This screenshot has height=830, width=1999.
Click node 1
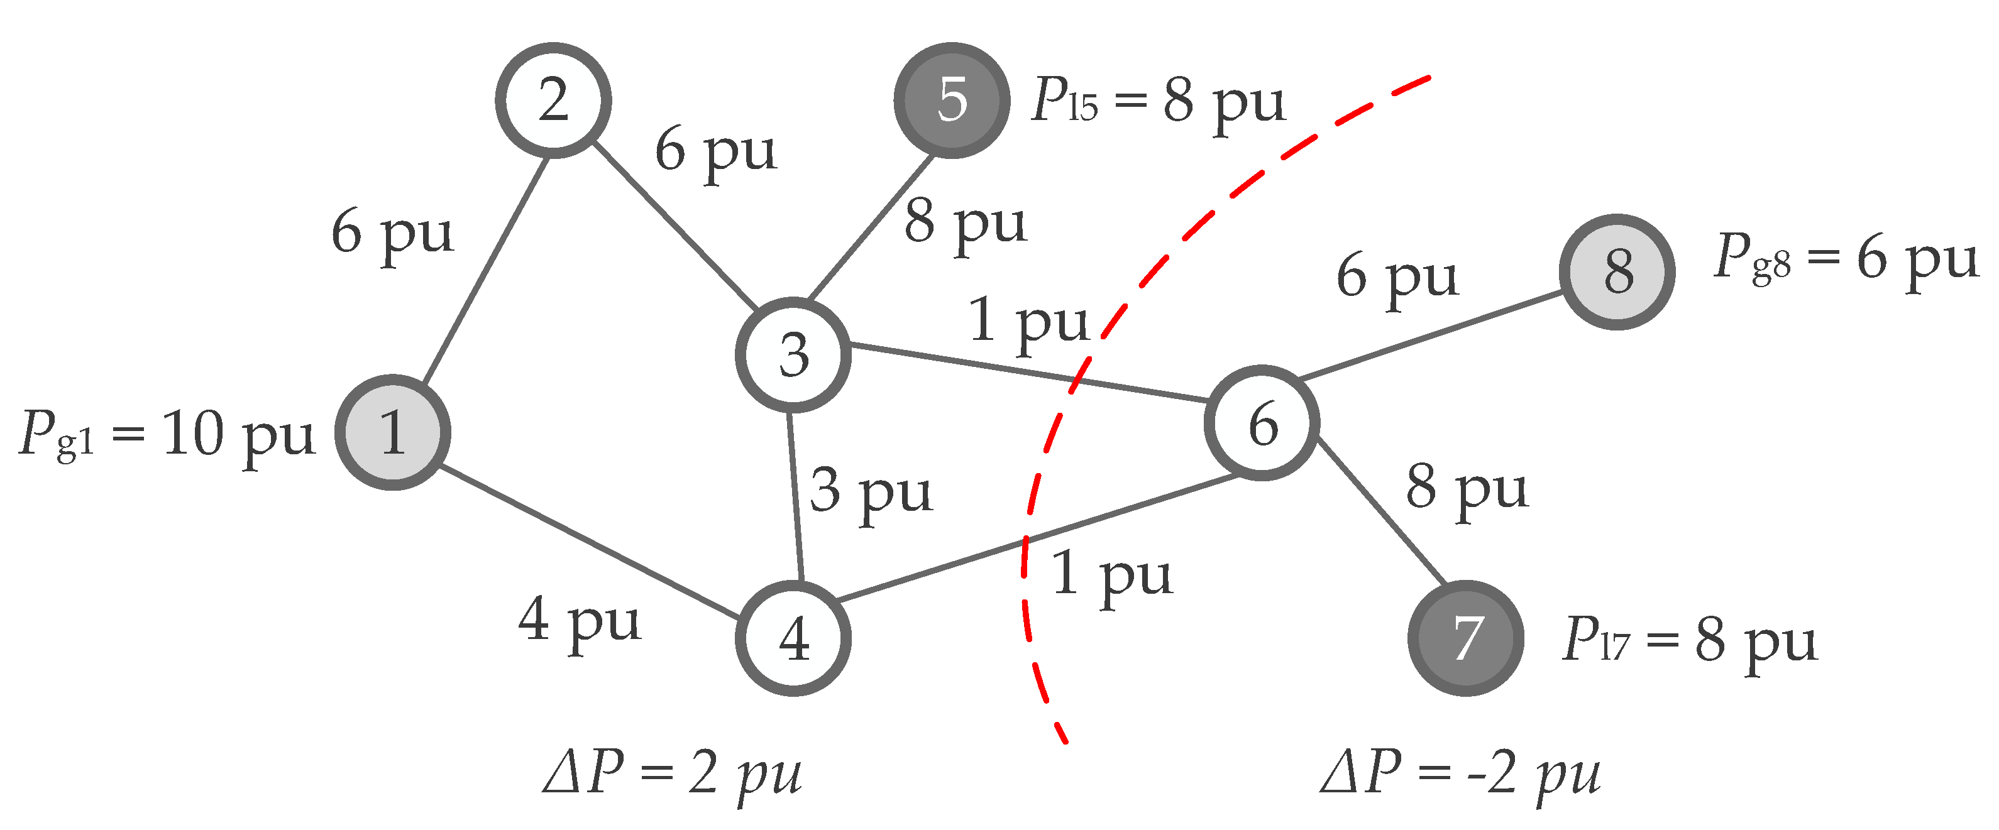[x=393, y=432]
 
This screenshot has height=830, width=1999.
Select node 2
[x=553, y=100]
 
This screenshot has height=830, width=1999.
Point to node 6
[x=1262, y=423]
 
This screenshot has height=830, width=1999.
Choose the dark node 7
[x=1466, y=638]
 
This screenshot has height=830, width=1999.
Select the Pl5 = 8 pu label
[x=1158, y=103]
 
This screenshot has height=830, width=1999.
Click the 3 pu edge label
[x=871, y=493]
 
